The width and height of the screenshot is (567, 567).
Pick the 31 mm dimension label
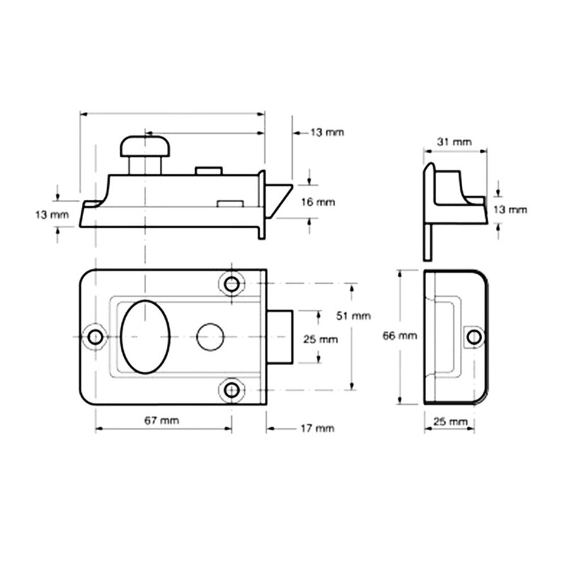pyautogui.click(x=454, y=142)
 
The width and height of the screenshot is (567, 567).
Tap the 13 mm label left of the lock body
pyautogui.click(x=52, y=214)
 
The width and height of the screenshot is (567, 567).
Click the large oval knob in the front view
pyautogui.click(x=145, y=335)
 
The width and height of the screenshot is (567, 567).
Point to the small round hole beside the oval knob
pyautogui.click(x=208, y=336)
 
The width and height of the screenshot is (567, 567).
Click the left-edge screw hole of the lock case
pyautogui.click(x=94, y=336)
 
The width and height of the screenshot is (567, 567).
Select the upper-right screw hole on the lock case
pyautogui.click(x=232, y=284)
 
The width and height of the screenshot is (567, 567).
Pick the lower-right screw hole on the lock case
pyautogui.click(x=232, y=389)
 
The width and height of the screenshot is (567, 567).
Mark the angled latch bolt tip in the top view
pyautogui.click(x=281, y=198)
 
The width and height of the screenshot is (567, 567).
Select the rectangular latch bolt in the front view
pyautogui.click(x=280, y=336)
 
